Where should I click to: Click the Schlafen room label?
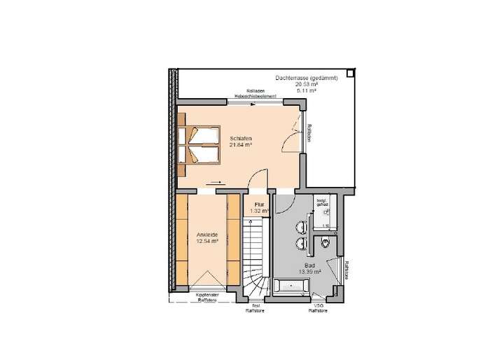(240, 138)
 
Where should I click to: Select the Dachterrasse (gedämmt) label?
(307, 78)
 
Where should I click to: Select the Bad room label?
(309, 265)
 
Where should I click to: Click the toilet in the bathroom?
(328, 243)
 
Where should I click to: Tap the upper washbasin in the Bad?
(302, 226)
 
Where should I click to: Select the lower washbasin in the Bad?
(302, 243)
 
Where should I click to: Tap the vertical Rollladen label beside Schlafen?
(309, 132)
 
